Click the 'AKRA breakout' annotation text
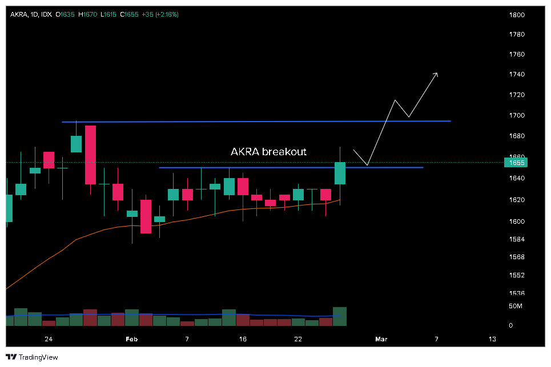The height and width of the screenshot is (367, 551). tap(268, 152)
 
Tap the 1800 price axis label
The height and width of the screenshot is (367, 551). tap(517, 15)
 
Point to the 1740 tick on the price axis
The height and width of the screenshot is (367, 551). tap(517, 74)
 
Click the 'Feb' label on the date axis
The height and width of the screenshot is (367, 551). tap(132, 339)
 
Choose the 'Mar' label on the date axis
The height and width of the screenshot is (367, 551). tap(381, 339)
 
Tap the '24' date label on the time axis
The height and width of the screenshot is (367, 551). tap(49, 339)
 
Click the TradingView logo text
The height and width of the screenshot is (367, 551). tap(39, 357)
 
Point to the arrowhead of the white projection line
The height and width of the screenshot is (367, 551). tap(437, 73)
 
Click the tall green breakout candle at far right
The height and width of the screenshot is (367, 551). tap(340, 173)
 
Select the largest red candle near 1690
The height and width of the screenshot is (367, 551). tap(90, 155)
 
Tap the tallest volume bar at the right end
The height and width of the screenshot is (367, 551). tap(340, 316)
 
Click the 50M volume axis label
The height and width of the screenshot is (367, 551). tap(515, 306)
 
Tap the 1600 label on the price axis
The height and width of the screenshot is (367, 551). tap(517, 221)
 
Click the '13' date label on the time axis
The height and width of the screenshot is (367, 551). tap(492, 339)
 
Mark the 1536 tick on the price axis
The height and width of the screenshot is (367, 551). tap(517, 293)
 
